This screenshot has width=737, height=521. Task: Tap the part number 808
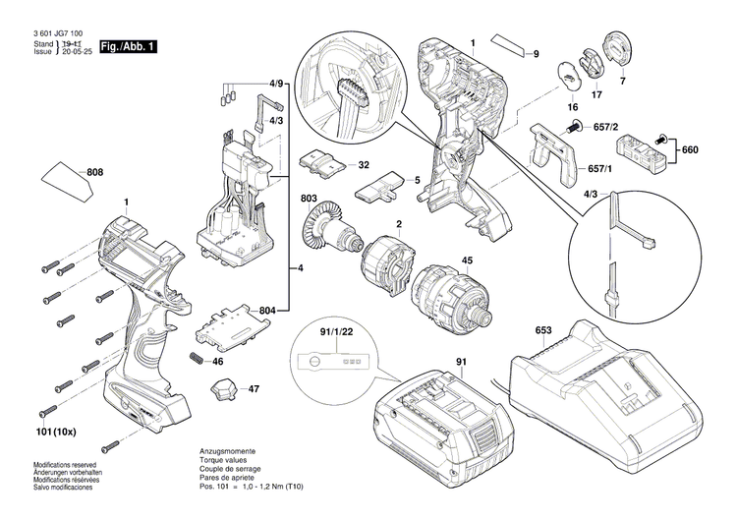[95, 173]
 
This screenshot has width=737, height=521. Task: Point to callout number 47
[254, 390]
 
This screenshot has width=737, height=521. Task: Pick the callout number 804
[266, 312]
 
